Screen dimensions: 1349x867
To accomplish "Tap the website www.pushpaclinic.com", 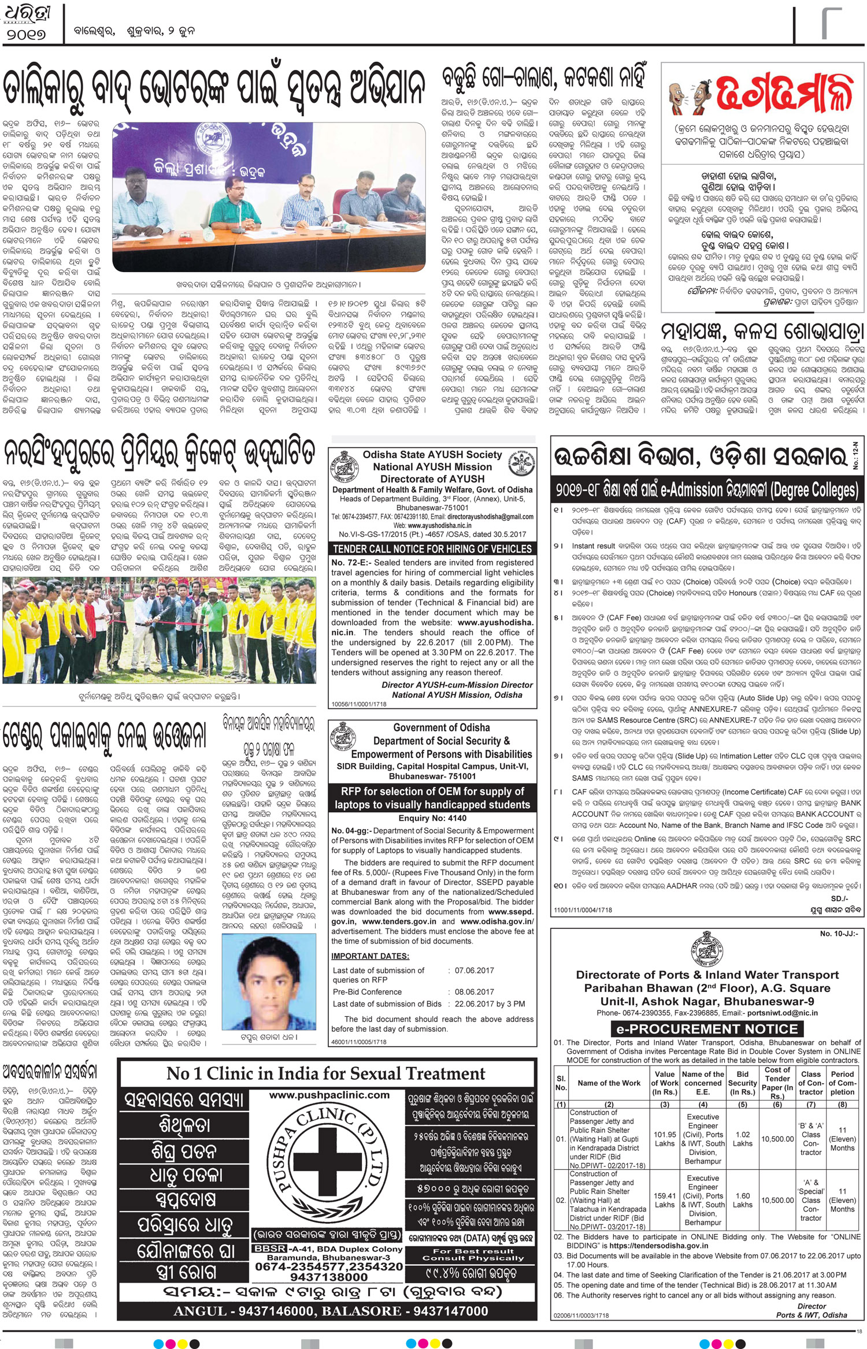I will pyautogui.click(x=329, y=1095).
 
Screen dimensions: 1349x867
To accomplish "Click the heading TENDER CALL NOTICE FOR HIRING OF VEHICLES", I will pyautogui.click(x=432, y=549).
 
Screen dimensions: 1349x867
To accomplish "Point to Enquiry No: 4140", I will pyautogui.click(x=432, y=818).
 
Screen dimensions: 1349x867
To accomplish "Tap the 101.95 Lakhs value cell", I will pyautogui.click(x=665, y=1139).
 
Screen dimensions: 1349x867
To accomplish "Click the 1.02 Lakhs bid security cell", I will pyautogui.click(x=742, y=1139).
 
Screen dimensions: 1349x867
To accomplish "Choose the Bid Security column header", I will pyautogui.click(x=742, y=1083).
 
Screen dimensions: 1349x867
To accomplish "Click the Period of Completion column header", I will pyautogui.click(x=842, y=1083).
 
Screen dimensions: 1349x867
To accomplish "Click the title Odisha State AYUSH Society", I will pyautogui.click(x=432, y=455).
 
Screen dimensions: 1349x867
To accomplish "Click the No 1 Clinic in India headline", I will pyautogui.click(x=326, y=1073).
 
